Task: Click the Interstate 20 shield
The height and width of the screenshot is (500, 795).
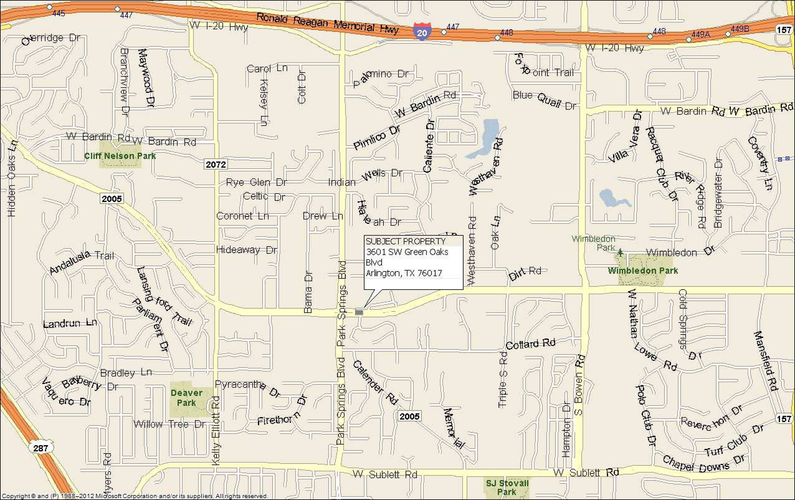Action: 422,32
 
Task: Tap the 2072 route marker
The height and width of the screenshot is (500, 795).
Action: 216,164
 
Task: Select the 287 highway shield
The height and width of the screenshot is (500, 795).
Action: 41,448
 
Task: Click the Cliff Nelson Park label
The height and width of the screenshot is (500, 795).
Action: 120,156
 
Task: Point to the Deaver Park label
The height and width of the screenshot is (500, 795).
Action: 187,398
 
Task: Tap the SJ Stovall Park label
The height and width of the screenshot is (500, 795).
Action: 507,488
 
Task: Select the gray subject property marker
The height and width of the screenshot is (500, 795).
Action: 359,312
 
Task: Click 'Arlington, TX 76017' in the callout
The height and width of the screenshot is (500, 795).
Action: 404,273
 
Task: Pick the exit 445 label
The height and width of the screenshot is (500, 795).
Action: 59,13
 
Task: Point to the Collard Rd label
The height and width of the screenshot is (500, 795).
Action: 530,344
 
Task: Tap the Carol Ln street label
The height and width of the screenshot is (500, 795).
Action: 267,68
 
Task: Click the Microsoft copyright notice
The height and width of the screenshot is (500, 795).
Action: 135,496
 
